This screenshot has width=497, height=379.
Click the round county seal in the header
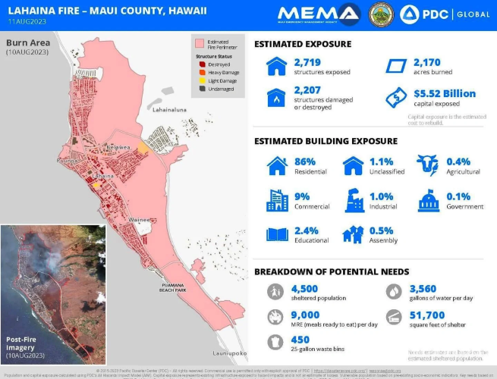coord(380,13)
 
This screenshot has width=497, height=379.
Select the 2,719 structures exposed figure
coord(310,61)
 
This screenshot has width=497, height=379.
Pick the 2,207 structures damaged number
coord(310,92)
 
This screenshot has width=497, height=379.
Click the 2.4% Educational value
coord(307,230)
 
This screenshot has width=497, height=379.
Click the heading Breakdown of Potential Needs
coord(332,271)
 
